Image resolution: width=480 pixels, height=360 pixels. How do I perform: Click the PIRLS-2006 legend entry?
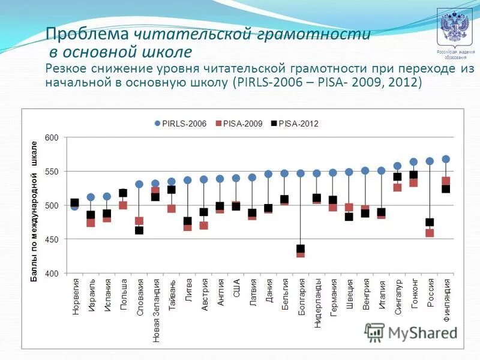pyautogui.click(x=181, y=124)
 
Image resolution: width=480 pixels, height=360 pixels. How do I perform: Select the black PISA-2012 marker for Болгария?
pyautogui.click(x=301, y=248)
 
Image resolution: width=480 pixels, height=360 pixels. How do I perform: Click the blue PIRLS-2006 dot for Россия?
pyautogui.click(x=430, y=161)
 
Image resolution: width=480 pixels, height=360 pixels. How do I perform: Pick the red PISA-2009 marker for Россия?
pyautogui.click(x=430, y=233)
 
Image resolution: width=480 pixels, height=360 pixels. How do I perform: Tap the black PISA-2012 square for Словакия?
pyautogui.click(x=139, y=230)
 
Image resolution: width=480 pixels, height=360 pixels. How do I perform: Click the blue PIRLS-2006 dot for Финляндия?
pyautogui.click(x=446, y=159)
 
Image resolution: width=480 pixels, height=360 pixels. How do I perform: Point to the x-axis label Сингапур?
pyautogui.click(x=398, y=298)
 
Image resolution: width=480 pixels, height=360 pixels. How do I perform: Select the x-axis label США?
pyautogui.click(x=236, y=290)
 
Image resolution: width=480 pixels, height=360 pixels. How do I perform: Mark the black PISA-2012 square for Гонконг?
pyautogui.click(x=413, y=175)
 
